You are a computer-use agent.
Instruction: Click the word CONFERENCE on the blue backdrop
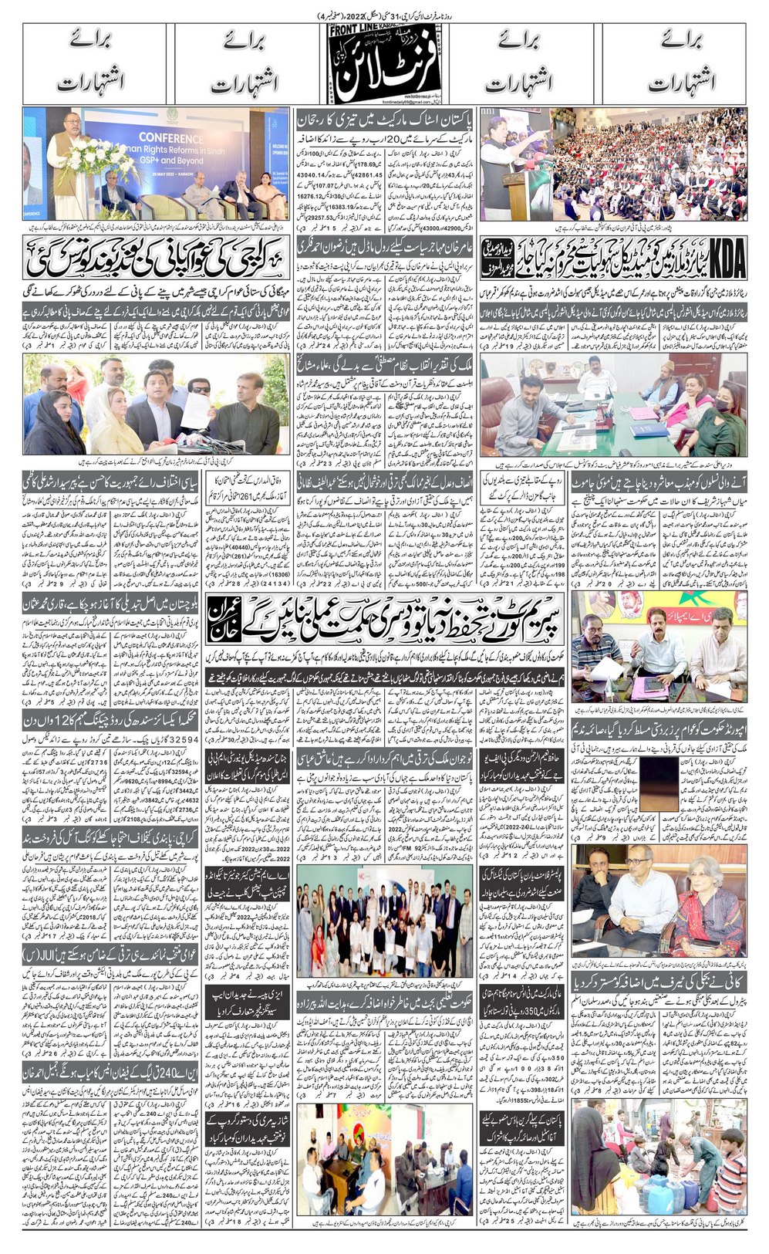(170, 139)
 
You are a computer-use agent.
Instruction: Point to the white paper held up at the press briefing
(195, 410)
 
